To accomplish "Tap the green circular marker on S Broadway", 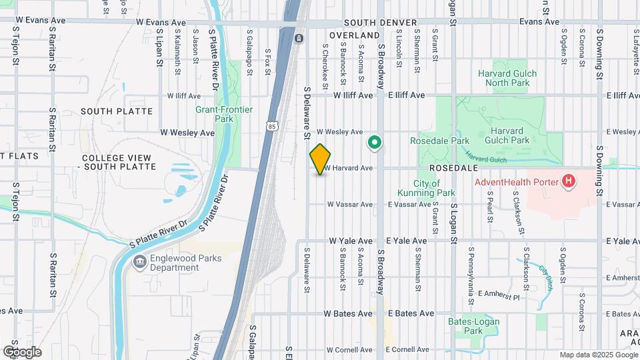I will (x=375, y=141).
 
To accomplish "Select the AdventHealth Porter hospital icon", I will (x=568, y=181).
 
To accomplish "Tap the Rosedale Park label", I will (x=439, y=141).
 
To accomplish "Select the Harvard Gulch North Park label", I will (x=503, y=78).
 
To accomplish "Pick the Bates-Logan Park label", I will (x=473, y=326).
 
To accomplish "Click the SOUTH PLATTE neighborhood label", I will (x=117, y=111).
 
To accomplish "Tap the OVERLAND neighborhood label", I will (x=354, y=35).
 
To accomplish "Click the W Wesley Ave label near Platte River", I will (x=187, y=133).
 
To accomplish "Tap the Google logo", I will (x=21, y=352).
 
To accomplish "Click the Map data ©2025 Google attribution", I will (x=598, y=355).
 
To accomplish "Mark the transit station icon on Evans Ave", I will (x=299, y=39).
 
